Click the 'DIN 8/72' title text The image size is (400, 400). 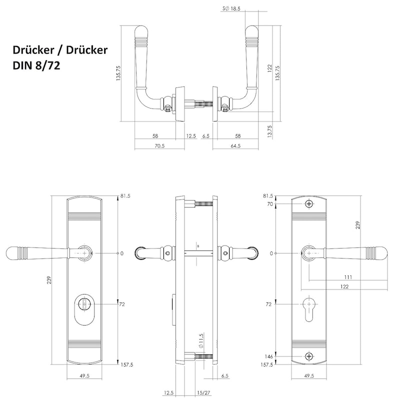pyautogui.click(x=36, y=65)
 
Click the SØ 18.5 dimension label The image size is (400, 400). pyautogui.click(x=231, y=8)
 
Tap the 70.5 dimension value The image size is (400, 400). pyautogui.click(x=159, y=146)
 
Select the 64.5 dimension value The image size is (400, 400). pyautogui.click(x=235, y=146)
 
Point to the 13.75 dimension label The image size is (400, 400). pyautogui.click(x=270, y=131)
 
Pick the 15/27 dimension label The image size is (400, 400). pyautogui.click(x=203, y=392)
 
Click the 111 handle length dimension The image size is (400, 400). pyautogui.click(x=348, y=277)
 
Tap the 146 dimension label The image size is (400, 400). pyautogui.click(x=268, y=356)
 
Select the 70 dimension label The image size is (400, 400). pyautogui.click(x=270, y=204)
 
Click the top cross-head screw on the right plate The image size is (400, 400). pyautogui.click(x=309, y=204)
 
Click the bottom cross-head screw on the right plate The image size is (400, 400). pyautogui.click(x=309, y=356)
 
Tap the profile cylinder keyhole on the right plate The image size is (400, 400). pyautogui.click(x=309, y=308)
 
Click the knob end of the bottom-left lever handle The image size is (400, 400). pyautogui.click(x=12, y=253)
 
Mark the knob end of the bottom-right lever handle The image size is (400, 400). pyautogui.click(x=381, y=253)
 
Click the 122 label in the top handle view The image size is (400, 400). pyautogui.click(x=270, y=68)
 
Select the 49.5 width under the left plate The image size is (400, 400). pyautogui.click(x=84, y=376)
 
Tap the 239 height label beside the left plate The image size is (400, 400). pyautogui.click(x=49, y=280)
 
